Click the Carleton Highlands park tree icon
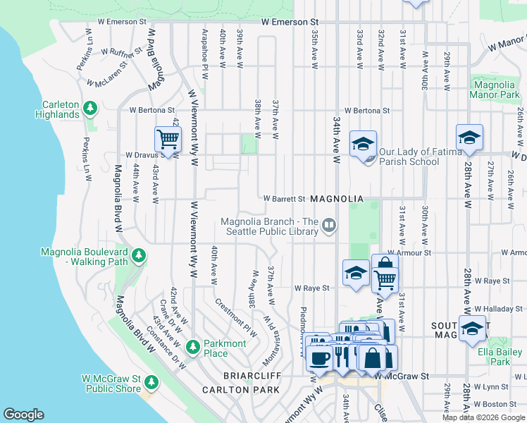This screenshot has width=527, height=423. [x=90, y=108]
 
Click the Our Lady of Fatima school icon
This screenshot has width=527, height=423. [x=363, y=145]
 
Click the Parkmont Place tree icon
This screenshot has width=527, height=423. [x=193, y=347]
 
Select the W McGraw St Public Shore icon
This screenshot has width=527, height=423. [x=151, y=382]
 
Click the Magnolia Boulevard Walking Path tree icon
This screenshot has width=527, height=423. [x=139, y=255]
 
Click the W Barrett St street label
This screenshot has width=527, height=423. [x=284, y=200]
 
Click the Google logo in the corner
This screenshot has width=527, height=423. [x=23, y=415]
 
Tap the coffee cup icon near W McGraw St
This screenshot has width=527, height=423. [x=318, y=356]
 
